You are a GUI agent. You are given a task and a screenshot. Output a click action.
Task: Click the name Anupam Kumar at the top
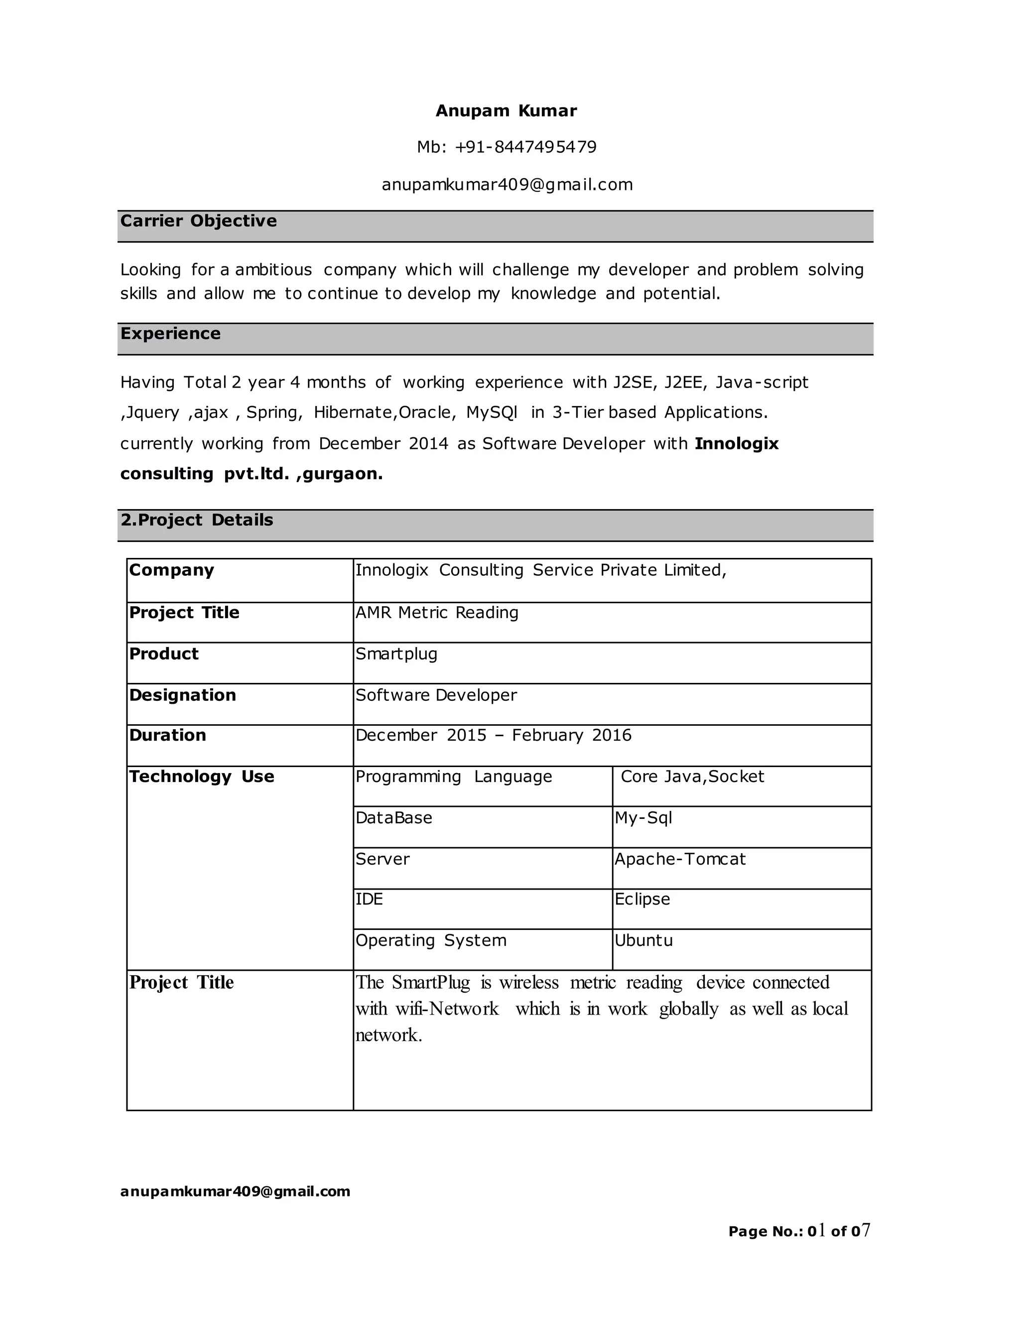[x=506, y=111]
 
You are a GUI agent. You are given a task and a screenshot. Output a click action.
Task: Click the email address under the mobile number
[x=507, y=184]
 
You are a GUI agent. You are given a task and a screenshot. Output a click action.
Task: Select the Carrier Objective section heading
[x=198, y=221]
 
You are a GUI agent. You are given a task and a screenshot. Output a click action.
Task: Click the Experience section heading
[x=170, y=334]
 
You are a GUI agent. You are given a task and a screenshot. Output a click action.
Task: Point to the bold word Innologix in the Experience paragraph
[x=736, y=444]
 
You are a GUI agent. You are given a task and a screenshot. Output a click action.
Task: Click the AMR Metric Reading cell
[x=437, y=613]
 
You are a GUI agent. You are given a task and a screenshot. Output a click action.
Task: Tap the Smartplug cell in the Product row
[x=396, y=654]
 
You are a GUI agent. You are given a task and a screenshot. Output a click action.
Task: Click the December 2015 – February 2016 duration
[x=493, y=736]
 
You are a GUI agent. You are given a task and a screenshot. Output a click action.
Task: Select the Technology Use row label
[x=201, y=777]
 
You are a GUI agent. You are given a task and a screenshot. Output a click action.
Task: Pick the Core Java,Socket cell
[x=692, y=777]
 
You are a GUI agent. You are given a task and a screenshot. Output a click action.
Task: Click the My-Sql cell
[x=643, y=818]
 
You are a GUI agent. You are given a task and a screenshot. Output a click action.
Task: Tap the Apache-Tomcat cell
[x=680, y=859]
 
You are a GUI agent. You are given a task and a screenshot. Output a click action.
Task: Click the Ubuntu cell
[x=643, y=940]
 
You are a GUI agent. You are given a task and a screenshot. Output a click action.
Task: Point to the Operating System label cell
[x=431, y=940]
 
